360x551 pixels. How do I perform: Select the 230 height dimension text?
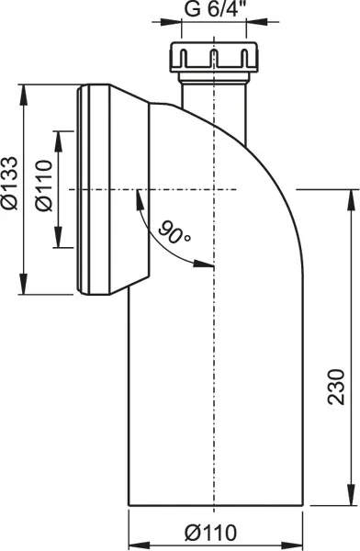pos(336,387)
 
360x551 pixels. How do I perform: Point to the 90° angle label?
pos(174,232)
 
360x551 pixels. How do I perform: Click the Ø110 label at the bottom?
pos(211,533)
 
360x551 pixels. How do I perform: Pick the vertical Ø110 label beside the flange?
pos(44,186)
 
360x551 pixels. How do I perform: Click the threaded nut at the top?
pos(214,57)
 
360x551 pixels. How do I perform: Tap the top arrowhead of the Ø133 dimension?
pos(23,95)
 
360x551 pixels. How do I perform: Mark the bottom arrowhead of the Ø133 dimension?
pos(23,284)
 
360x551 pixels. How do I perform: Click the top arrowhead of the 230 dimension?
pos(351,200)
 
